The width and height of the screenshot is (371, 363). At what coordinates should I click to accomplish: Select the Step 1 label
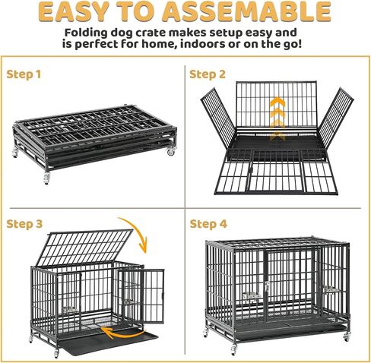coord(24,74)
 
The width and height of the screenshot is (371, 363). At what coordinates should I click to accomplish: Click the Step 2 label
coord(208,74)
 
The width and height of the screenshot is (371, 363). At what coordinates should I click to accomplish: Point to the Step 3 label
coord(24,224)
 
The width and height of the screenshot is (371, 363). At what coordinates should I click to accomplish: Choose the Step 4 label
coord(208,224)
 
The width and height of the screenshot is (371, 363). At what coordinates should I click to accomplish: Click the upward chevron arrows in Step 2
coord(277,118)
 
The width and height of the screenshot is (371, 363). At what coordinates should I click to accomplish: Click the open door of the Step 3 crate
coord(141,296)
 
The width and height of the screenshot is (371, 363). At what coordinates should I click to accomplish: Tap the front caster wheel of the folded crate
coord(46,178)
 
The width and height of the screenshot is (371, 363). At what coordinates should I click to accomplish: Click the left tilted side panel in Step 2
coord(217,118)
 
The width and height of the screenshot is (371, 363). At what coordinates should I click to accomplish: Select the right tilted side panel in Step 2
coord(335,118)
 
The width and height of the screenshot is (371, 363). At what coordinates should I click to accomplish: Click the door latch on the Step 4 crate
coord(266,286)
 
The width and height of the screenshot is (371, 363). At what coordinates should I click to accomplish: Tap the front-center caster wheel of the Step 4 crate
coord(234,349)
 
